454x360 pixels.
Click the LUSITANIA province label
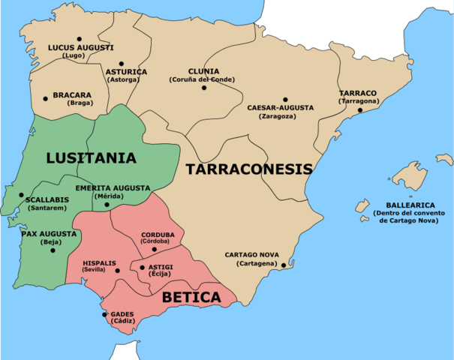click(91, 157)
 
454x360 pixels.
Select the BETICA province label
click(191, 297)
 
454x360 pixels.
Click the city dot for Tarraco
click(360, 110)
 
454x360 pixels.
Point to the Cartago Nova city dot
click(283, 264)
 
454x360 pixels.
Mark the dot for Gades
click(104, 314)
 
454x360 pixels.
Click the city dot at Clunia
click(203, 88)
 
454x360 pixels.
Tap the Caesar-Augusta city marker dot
click(285, 99)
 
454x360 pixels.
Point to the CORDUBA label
click(158, 233)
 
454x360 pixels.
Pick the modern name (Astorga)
click(127, 79)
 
